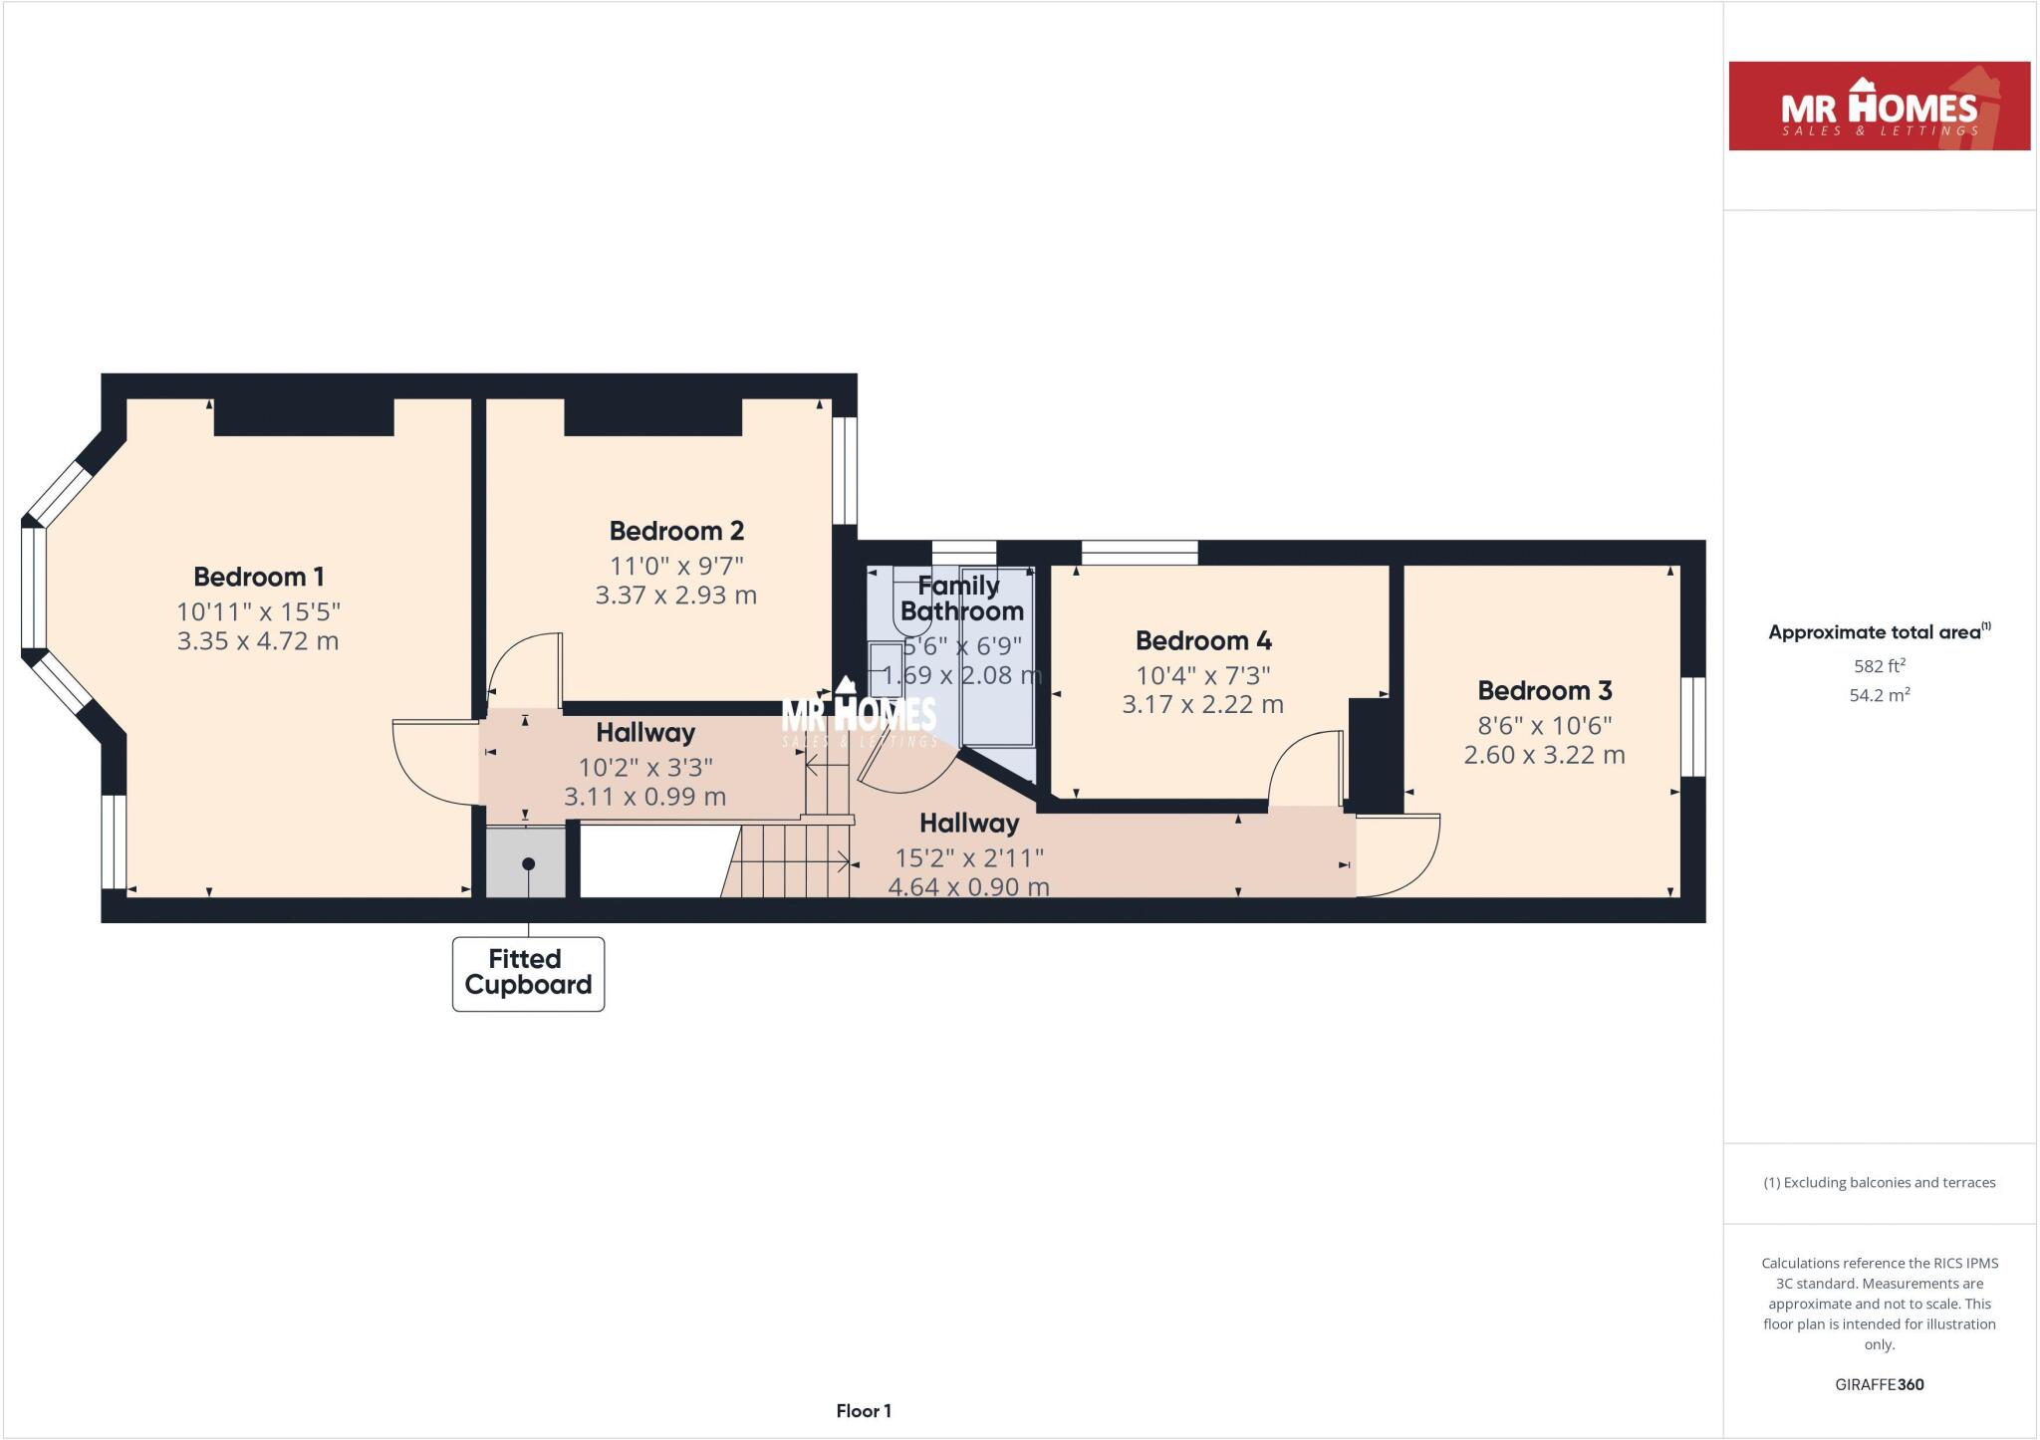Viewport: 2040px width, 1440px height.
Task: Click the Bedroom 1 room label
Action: [x=258, y=577]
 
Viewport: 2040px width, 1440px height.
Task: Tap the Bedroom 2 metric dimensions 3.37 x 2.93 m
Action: [x=675, y=596]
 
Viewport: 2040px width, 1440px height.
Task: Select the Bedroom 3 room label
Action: [x=1544, y=690]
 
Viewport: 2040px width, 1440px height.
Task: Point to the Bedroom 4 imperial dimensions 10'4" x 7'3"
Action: [x=1202, y=675]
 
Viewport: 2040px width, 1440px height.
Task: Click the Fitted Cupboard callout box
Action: [x=528, y=973]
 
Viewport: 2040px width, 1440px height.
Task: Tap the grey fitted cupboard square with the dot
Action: [x=526, y=862]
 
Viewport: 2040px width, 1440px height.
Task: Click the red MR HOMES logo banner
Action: [x=1879, y=106]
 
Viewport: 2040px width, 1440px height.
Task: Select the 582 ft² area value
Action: [x=1879, y=665]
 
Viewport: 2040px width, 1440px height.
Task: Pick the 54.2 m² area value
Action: [x=1879, y=695]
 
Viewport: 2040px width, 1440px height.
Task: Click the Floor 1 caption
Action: [x=863, y=1410]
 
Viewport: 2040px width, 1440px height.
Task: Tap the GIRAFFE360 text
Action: [x=1879, y=1384]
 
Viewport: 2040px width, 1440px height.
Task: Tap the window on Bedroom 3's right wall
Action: [x=1692, y=726]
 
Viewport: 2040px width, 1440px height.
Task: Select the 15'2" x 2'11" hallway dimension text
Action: [x=968, y=857]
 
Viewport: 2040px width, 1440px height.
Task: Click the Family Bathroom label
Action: [x=960, y=599]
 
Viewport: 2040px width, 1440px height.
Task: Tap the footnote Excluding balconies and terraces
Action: [x=1879, y=1182]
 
